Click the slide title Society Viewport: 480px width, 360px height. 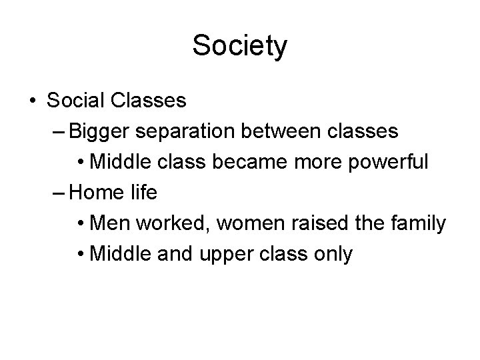click(x=240, y=46)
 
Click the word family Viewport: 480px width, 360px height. click(x=419, y=223)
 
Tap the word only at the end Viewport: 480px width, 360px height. click(x=332, y=254)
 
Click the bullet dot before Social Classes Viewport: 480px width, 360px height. click(x=33, y=101)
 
